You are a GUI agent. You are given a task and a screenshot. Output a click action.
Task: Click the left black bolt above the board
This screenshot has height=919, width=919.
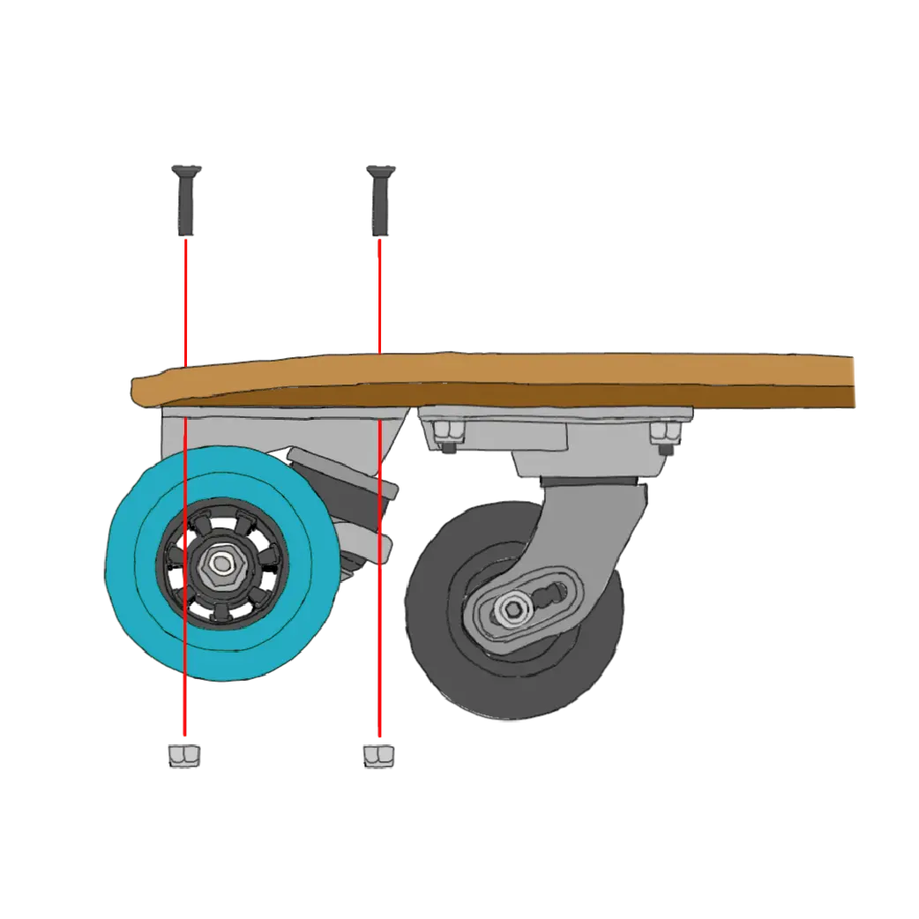point(186,203)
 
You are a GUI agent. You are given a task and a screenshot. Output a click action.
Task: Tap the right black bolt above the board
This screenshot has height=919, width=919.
point(379,203)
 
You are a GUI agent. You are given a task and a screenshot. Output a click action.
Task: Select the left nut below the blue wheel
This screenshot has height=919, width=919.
point(183,755)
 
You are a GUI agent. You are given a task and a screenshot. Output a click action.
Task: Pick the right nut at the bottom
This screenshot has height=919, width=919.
point(378,756)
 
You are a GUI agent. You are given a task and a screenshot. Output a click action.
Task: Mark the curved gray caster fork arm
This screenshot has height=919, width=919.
point(609,529)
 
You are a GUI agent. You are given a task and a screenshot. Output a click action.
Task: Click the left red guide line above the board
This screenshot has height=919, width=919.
point(186,300)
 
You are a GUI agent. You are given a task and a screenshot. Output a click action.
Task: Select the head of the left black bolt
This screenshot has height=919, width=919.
point(186,169)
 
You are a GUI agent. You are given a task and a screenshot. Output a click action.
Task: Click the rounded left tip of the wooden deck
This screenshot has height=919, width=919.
point(138,391)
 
